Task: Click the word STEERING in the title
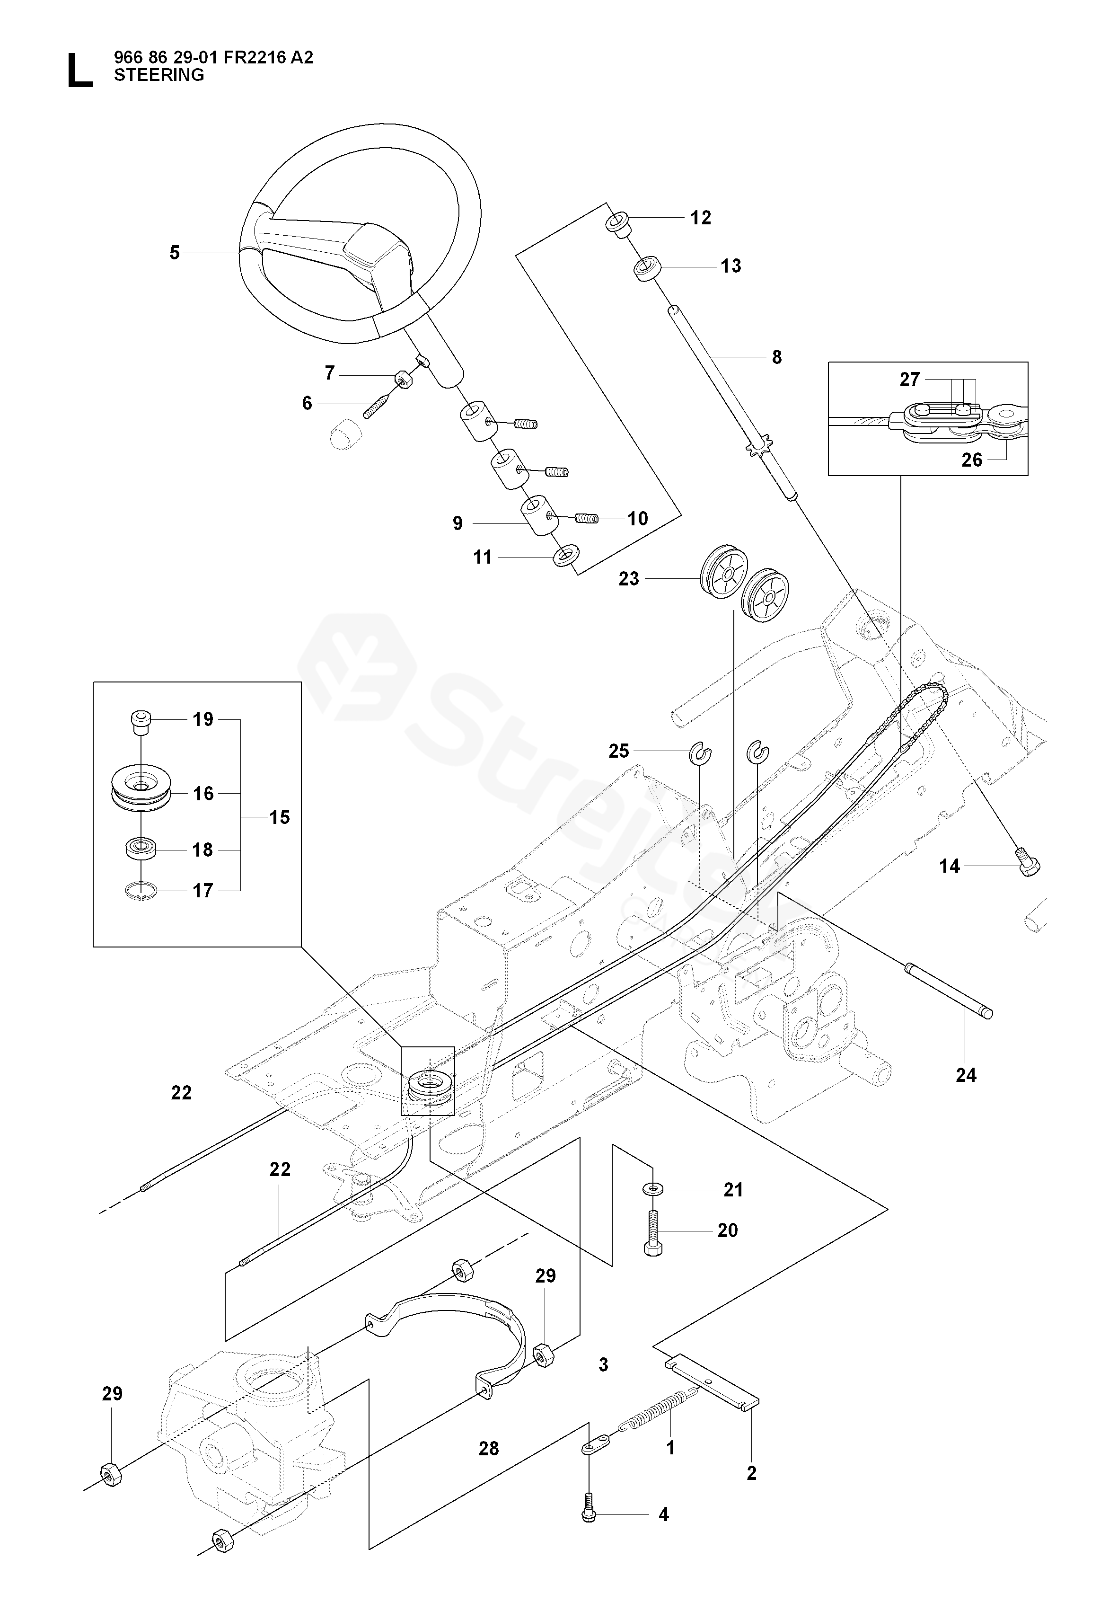[159, 75]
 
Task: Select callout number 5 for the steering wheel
[175, 253]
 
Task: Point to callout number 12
[700, 218]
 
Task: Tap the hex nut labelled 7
[402, 379]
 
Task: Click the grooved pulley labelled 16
[141, 792]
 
